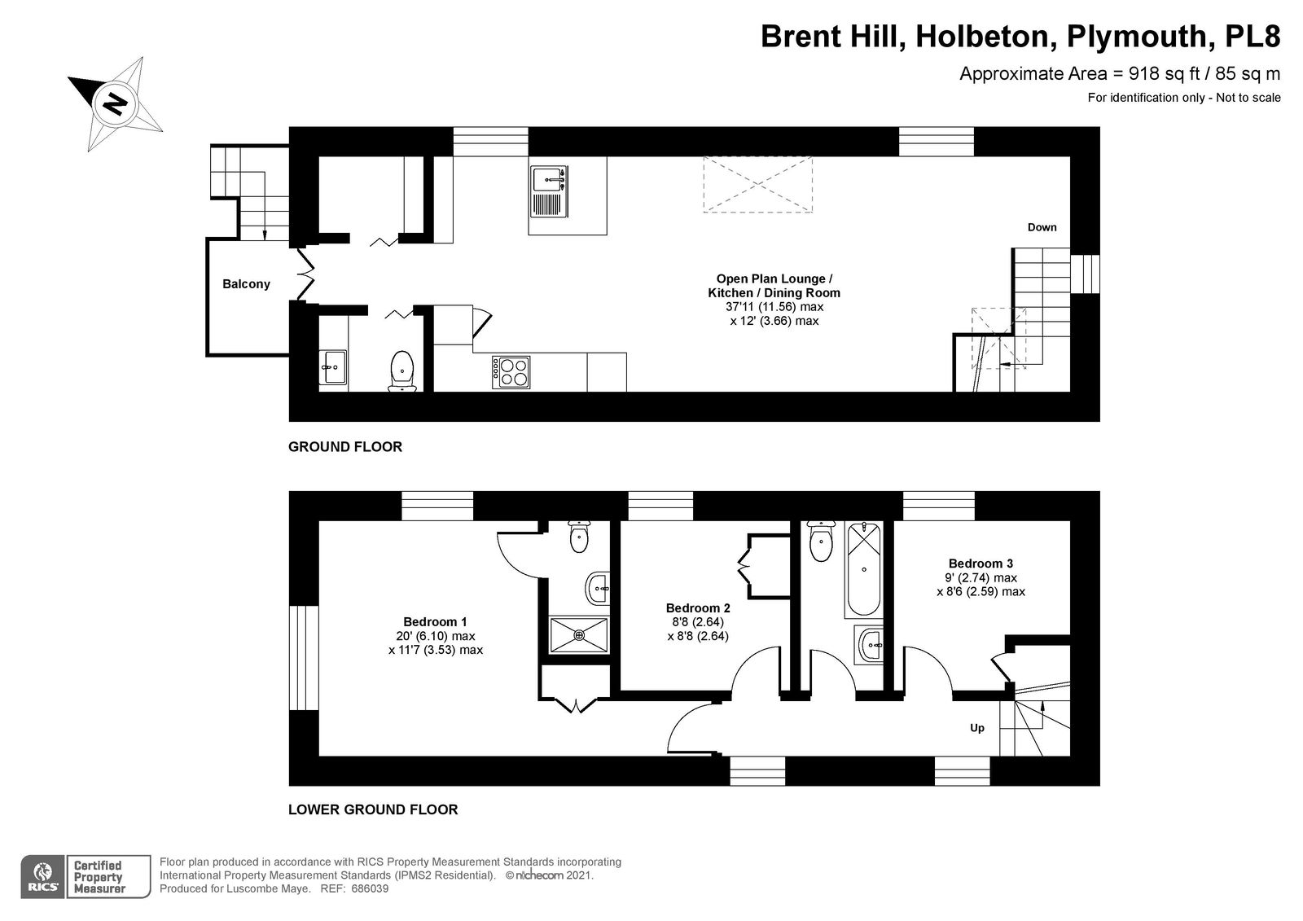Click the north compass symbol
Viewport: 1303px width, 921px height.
click(x=115, y=104)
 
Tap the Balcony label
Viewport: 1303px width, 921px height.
click(x=246, y=284)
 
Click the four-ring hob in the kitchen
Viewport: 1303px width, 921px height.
click(x=511, y=372)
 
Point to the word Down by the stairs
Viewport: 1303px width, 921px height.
click(x=1042, y=227)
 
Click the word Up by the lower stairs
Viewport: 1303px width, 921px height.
click(x=977, y=728)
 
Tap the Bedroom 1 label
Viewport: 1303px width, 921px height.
click(x=435, y=621)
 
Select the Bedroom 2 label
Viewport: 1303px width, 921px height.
click(x=698, y=608)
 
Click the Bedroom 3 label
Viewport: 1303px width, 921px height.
click(x=981, y=564)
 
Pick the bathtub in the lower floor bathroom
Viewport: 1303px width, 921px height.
click(x=864, y=569)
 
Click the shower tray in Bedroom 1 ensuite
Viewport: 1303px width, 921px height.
click(x=579, y=635)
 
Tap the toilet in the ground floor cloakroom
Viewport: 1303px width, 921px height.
click(x=402, y=371)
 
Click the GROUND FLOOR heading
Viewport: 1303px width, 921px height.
click(x=345, y=447)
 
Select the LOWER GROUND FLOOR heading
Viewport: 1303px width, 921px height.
click(x=373, y=809)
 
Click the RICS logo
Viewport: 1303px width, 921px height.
click(x=43, y=877)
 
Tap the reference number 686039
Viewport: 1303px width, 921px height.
click(x=370, y=888)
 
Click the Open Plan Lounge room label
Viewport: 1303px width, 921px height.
click(x=774, y=278)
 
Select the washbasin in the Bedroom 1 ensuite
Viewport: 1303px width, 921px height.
click(x=598, y=589)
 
